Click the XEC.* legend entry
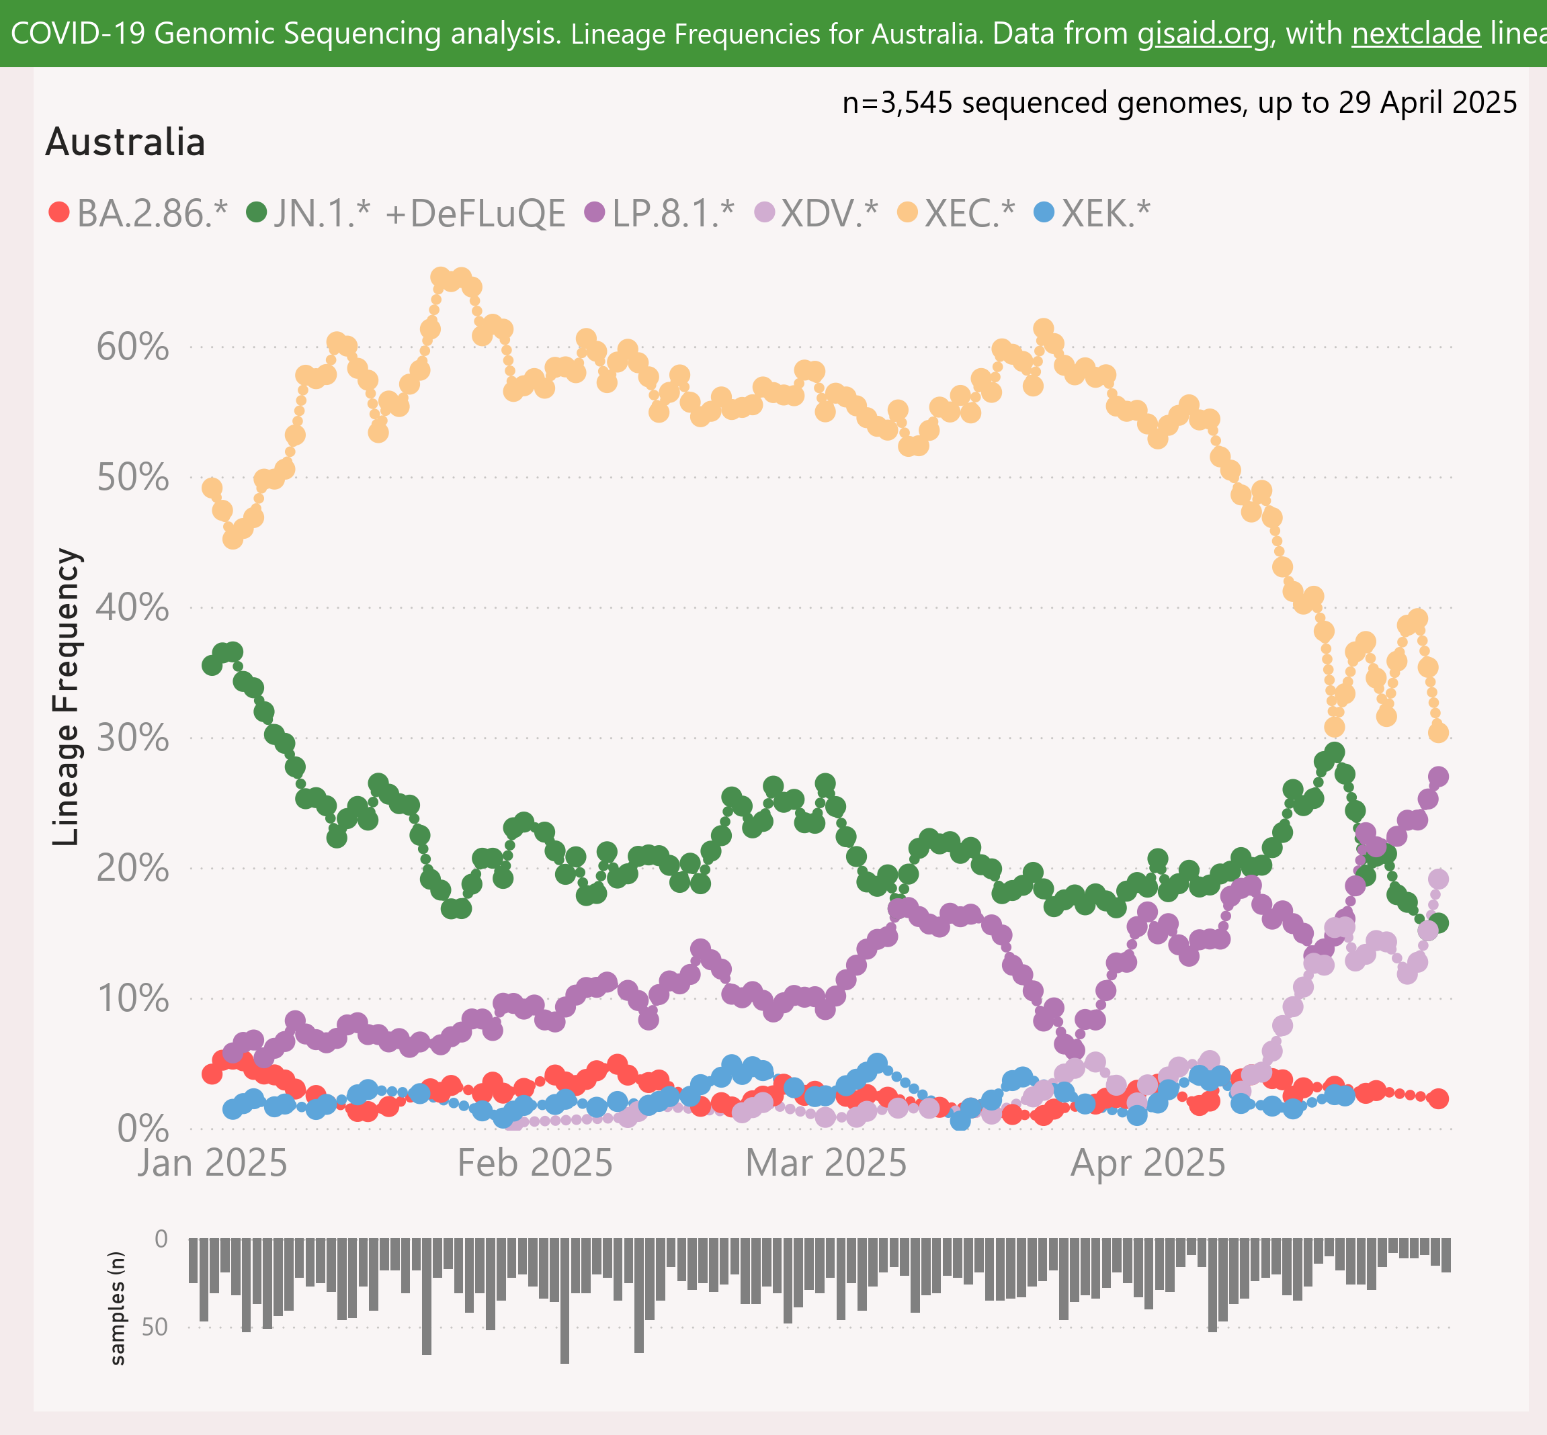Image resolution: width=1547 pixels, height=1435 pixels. (968, 213)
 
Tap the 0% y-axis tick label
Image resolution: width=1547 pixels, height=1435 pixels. (143, 1130)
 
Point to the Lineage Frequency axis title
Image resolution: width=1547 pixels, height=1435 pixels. (67, 697)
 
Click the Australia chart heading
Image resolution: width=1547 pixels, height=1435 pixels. (126, 143)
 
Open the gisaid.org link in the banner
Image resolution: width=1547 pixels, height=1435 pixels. (1204, 34)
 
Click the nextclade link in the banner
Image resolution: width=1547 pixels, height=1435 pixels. (1417, 34)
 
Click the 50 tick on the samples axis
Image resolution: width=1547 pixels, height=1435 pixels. (155, 1327)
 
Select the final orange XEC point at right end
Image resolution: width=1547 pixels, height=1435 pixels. (1438, 732)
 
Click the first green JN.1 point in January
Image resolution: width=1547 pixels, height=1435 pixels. (212, 666)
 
